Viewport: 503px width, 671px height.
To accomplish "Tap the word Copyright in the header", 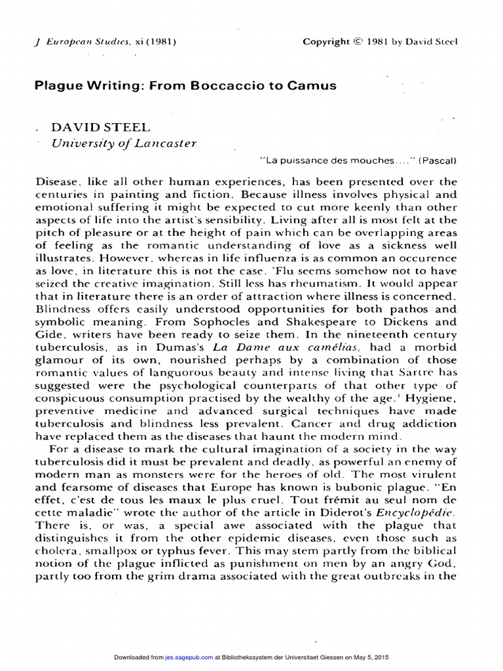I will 326,42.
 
